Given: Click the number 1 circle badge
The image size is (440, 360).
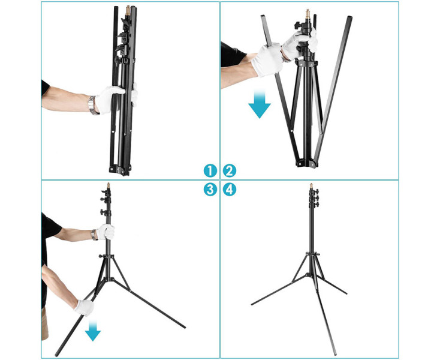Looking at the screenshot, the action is [x=210, y=170].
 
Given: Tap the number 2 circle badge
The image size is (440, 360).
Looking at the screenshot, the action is [x=230, y=170].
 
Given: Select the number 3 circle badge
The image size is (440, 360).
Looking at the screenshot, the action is [x=210, y=190].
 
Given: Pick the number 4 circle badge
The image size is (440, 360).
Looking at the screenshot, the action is [x=230, y=190].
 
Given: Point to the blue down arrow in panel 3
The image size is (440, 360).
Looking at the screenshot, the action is [x=93, y=331].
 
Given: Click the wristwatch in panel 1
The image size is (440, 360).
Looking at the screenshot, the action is [x=93, y=106].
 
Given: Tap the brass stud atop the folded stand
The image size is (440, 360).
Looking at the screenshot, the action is [x=128, y=10].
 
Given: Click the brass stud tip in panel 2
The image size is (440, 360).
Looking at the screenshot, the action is [x=308, y=13].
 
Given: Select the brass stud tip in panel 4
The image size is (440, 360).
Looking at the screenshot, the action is [x=311, y=186].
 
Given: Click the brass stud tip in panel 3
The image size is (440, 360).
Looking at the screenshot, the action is [x=109, y=185].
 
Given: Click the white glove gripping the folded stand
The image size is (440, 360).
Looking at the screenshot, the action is [x=110, y=99].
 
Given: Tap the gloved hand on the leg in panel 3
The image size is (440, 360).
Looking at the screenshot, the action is [x=84, y=308].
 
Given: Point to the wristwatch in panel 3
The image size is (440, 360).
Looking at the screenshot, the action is [x=94, y=235].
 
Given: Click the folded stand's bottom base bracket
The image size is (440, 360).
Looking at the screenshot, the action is [x=120, y=169].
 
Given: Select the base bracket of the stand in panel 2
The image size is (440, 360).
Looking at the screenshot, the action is [x=307, y=163].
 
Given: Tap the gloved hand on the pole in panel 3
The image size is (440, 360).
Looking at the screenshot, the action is [x=106, y=232].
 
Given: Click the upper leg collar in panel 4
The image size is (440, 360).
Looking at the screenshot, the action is [x=312, y=254].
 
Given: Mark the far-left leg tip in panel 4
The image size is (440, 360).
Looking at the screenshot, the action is [x=252, y=304].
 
